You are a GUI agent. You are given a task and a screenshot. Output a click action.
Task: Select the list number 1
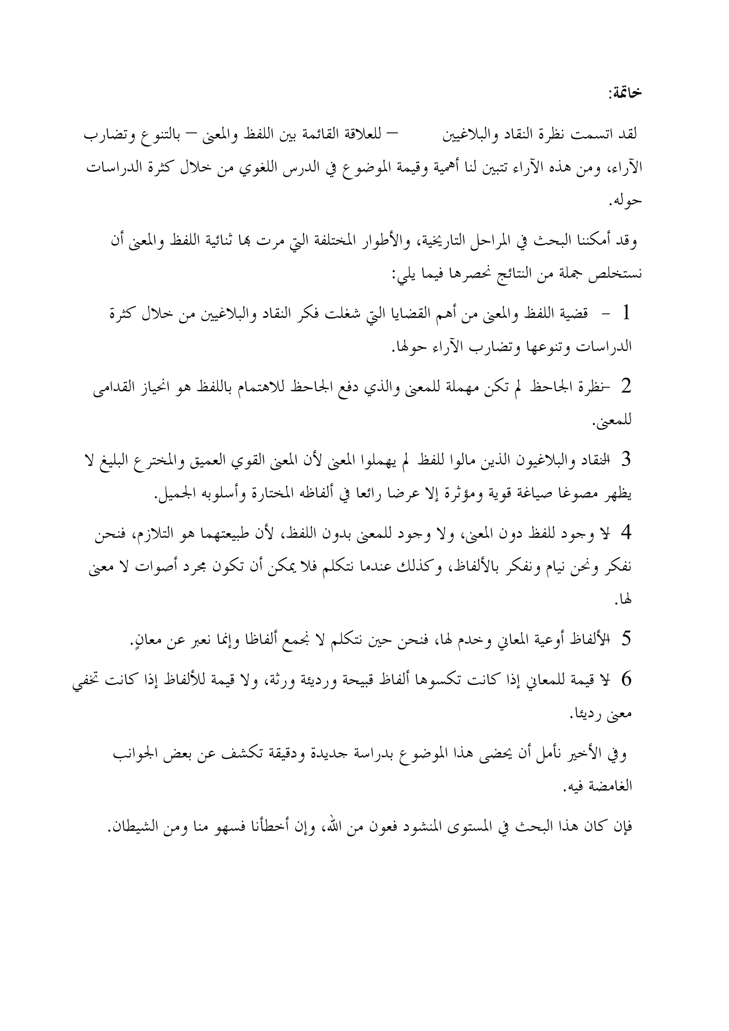tap(626, 314)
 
